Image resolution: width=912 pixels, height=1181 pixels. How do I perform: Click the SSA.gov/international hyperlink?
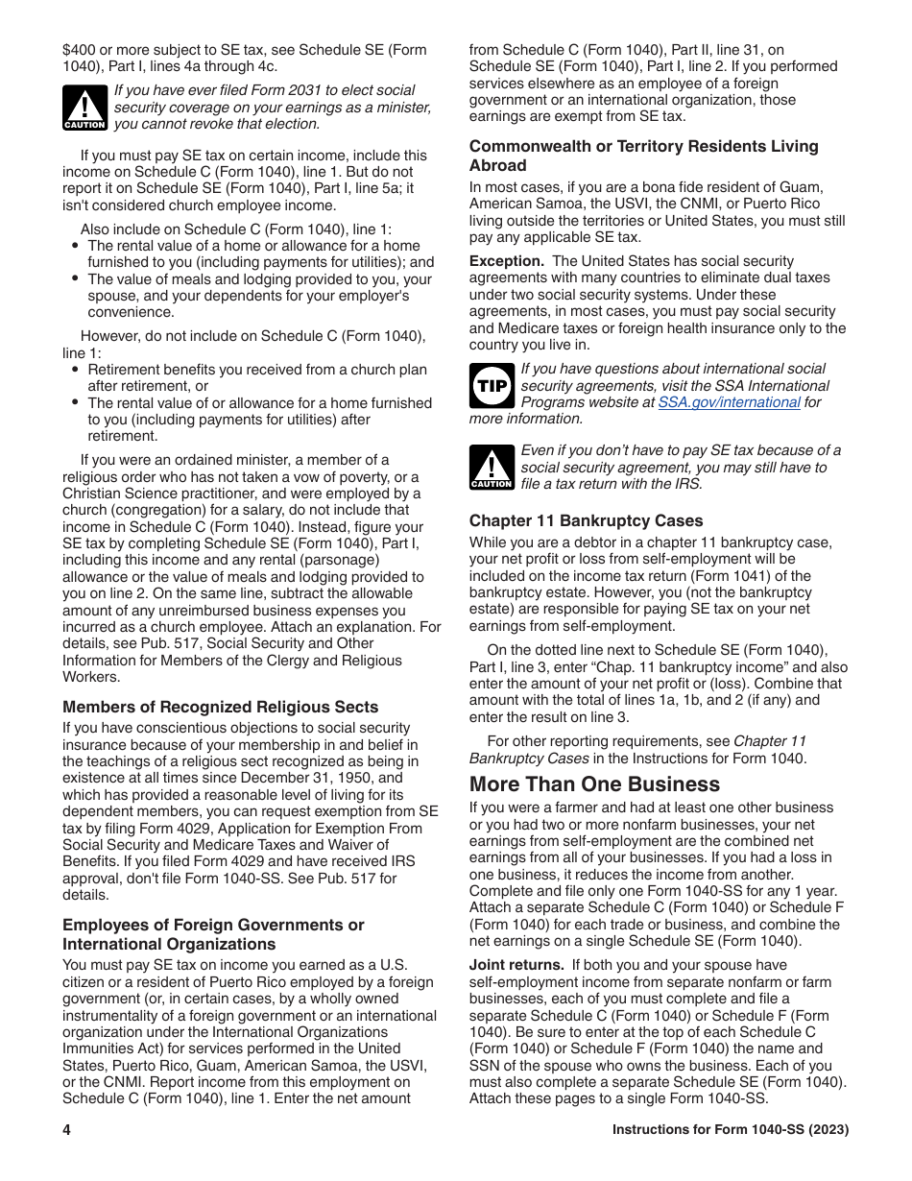pos(729,402)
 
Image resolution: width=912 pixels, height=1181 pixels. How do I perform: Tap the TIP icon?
pos(491,386)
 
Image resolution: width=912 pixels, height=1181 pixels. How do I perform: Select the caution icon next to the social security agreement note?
pos(491,468)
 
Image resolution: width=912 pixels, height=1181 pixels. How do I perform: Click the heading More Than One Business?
pos(594,784)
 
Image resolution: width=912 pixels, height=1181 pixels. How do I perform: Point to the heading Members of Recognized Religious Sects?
pos(220,707)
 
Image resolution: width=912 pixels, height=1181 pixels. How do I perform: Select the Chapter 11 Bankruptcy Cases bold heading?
pos(586,520)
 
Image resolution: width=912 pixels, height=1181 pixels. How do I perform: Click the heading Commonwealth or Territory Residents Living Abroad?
pos(643,156)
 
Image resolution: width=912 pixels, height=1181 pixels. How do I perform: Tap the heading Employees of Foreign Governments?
pos(213,934)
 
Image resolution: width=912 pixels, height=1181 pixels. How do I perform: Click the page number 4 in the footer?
pos(67,1130)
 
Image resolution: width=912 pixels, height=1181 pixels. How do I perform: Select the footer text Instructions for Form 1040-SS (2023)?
pos(730,1130)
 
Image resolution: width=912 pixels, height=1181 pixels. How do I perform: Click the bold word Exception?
pos(506,261)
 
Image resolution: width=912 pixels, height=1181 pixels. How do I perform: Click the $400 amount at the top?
pos(81,50)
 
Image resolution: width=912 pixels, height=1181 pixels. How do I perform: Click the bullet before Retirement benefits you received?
pos(76,370)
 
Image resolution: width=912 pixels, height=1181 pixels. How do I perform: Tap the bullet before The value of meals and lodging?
pos(76,279)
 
